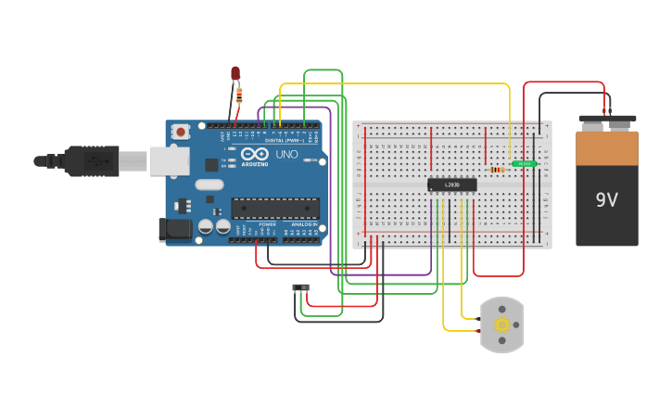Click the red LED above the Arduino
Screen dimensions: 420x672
coord(235,72)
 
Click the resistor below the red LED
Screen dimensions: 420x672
coord(239,94)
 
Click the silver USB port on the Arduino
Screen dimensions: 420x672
coord(169,161)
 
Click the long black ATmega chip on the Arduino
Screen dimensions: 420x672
coord(275,208)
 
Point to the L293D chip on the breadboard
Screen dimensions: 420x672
coord(452,185)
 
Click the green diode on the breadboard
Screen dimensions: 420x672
coord(525,163)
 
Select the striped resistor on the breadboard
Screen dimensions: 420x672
coord(497,170)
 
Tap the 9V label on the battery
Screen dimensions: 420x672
coord(606,199)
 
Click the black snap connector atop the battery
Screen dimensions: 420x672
coord(607,119)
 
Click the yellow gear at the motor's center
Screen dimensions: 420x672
coord(502,325)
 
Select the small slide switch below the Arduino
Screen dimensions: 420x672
coord(300,288)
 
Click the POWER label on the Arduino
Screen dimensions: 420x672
coord(267,224)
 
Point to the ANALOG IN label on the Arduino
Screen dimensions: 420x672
coord(303,224)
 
